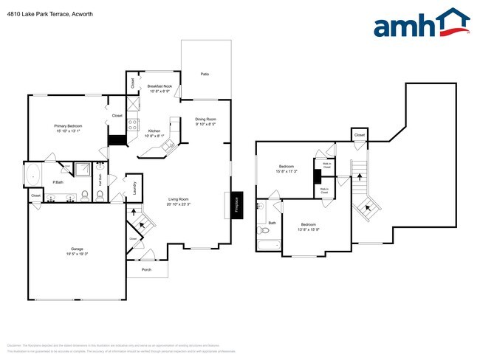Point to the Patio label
click(x=205, y=74)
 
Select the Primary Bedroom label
click(x=68, y=126)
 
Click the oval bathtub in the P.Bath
click(x=33, y=176)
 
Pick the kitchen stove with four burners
click(x=133, y=125)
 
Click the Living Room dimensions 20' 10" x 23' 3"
click(x=179, y=204)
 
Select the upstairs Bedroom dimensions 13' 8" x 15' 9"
click(x=308, y=229)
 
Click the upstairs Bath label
click(x=272, y=223)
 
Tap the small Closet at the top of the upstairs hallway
click(x=359, y=135)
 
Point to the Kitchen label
click(x=154, y=131)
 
